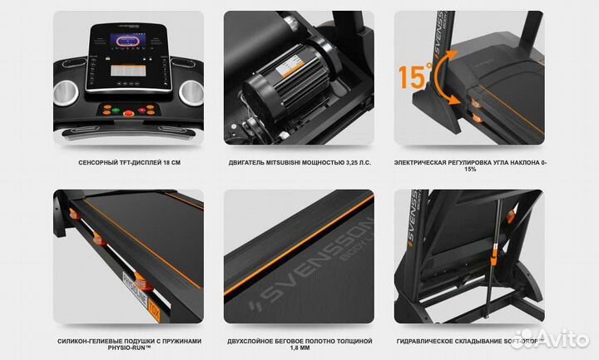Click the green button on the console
131,112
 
